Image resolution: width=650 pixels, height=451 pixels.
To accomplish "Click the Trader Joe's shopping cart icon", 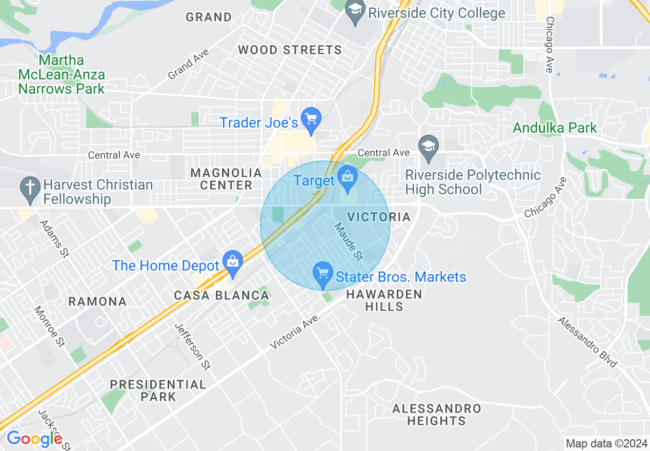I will pos(311,120).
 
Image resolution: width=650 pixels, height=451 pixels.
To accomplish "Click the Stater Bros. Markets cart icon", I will pos(322,275).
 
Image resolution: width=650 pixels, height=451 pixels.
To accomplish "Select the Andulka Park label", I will pos(555,128).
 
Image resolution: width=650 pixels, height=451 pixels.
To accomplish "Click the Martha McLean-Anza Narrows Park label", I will pos(61,74).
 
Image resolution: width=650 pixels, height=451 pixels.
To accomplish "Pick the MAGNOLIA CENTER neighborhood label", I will pos(226,179).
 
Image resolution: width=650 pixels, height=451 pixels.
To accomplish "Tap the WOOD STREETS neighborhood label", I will pos(290,50).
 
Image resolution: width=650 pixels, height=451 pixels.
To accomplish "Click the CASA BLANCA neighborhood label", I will pos(221,295).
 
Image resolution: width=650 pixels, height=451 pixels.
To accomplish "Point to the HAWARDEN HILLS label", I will pos(384,300).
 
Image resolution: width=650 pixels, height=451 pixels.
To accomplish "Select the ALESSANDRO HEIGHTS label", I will pos(437,415).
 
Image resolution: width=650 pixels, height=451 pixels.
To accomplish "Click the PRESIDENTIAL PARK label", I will pos(158,390).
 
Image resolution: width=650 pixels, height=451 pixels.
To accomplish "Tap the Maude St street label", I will pos(348,240).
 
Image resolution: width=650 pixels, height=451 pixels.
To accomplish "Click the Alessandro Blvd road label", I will pos(587,342).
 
